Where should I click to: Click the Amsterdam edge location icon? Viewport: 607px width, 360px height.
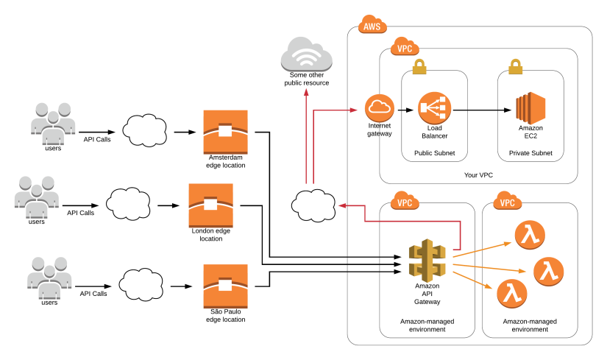[225, 133]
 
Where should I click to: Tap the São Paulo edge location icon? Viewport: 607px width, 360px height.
[225, 286]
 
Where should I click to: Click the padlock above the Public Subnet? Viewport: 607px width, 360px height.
[419, 68]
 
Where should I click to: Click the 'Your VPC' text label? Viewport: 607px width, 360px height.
[478, 174]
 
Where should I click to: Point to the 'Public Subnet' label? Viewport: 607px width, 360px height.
[434, 153]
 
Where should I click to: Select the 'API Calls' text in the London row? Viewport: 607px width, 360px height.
[81, 213]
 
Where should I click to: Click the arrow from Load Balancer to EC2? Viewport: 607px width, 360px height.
[482, 110]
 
